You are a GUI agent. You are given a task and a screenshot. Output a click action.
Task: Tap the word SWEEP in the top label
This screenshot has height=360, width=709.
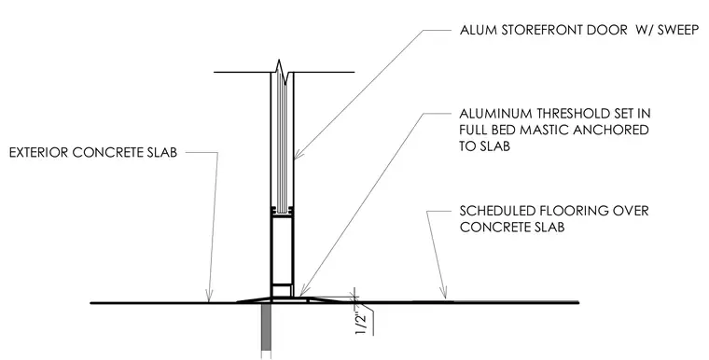[678, 30]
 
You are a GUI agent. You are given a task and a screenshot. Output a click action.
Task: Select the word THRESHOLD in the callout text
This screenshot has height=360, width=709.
[571, 113]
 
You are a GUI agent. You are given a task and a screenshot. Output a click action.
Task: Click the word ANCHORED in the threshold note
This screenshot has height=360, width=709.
[611, 130]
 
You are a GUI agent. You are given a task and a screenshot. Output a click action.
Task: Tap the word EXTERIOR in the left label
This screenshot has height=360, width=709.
[38, 152]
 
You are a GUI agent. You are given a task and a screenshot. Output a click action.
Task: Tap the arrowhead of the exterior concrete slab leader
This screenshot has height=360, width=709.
[209, 297]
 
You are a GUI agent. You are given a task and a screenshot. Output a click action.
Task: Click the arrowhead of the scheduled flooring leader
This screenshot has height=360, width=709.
[444, 293]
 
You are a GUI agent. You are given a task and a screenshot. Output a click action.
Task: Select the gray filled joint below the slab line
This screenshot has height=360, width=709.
[266, 330]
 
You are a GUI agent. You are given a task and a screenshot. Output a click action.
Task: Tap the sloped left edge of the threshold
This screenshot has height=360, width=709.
[253, 299]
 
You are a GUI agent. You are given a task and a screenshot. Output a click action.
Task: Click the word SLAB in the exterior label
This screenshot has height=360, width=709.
[161, 152]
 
